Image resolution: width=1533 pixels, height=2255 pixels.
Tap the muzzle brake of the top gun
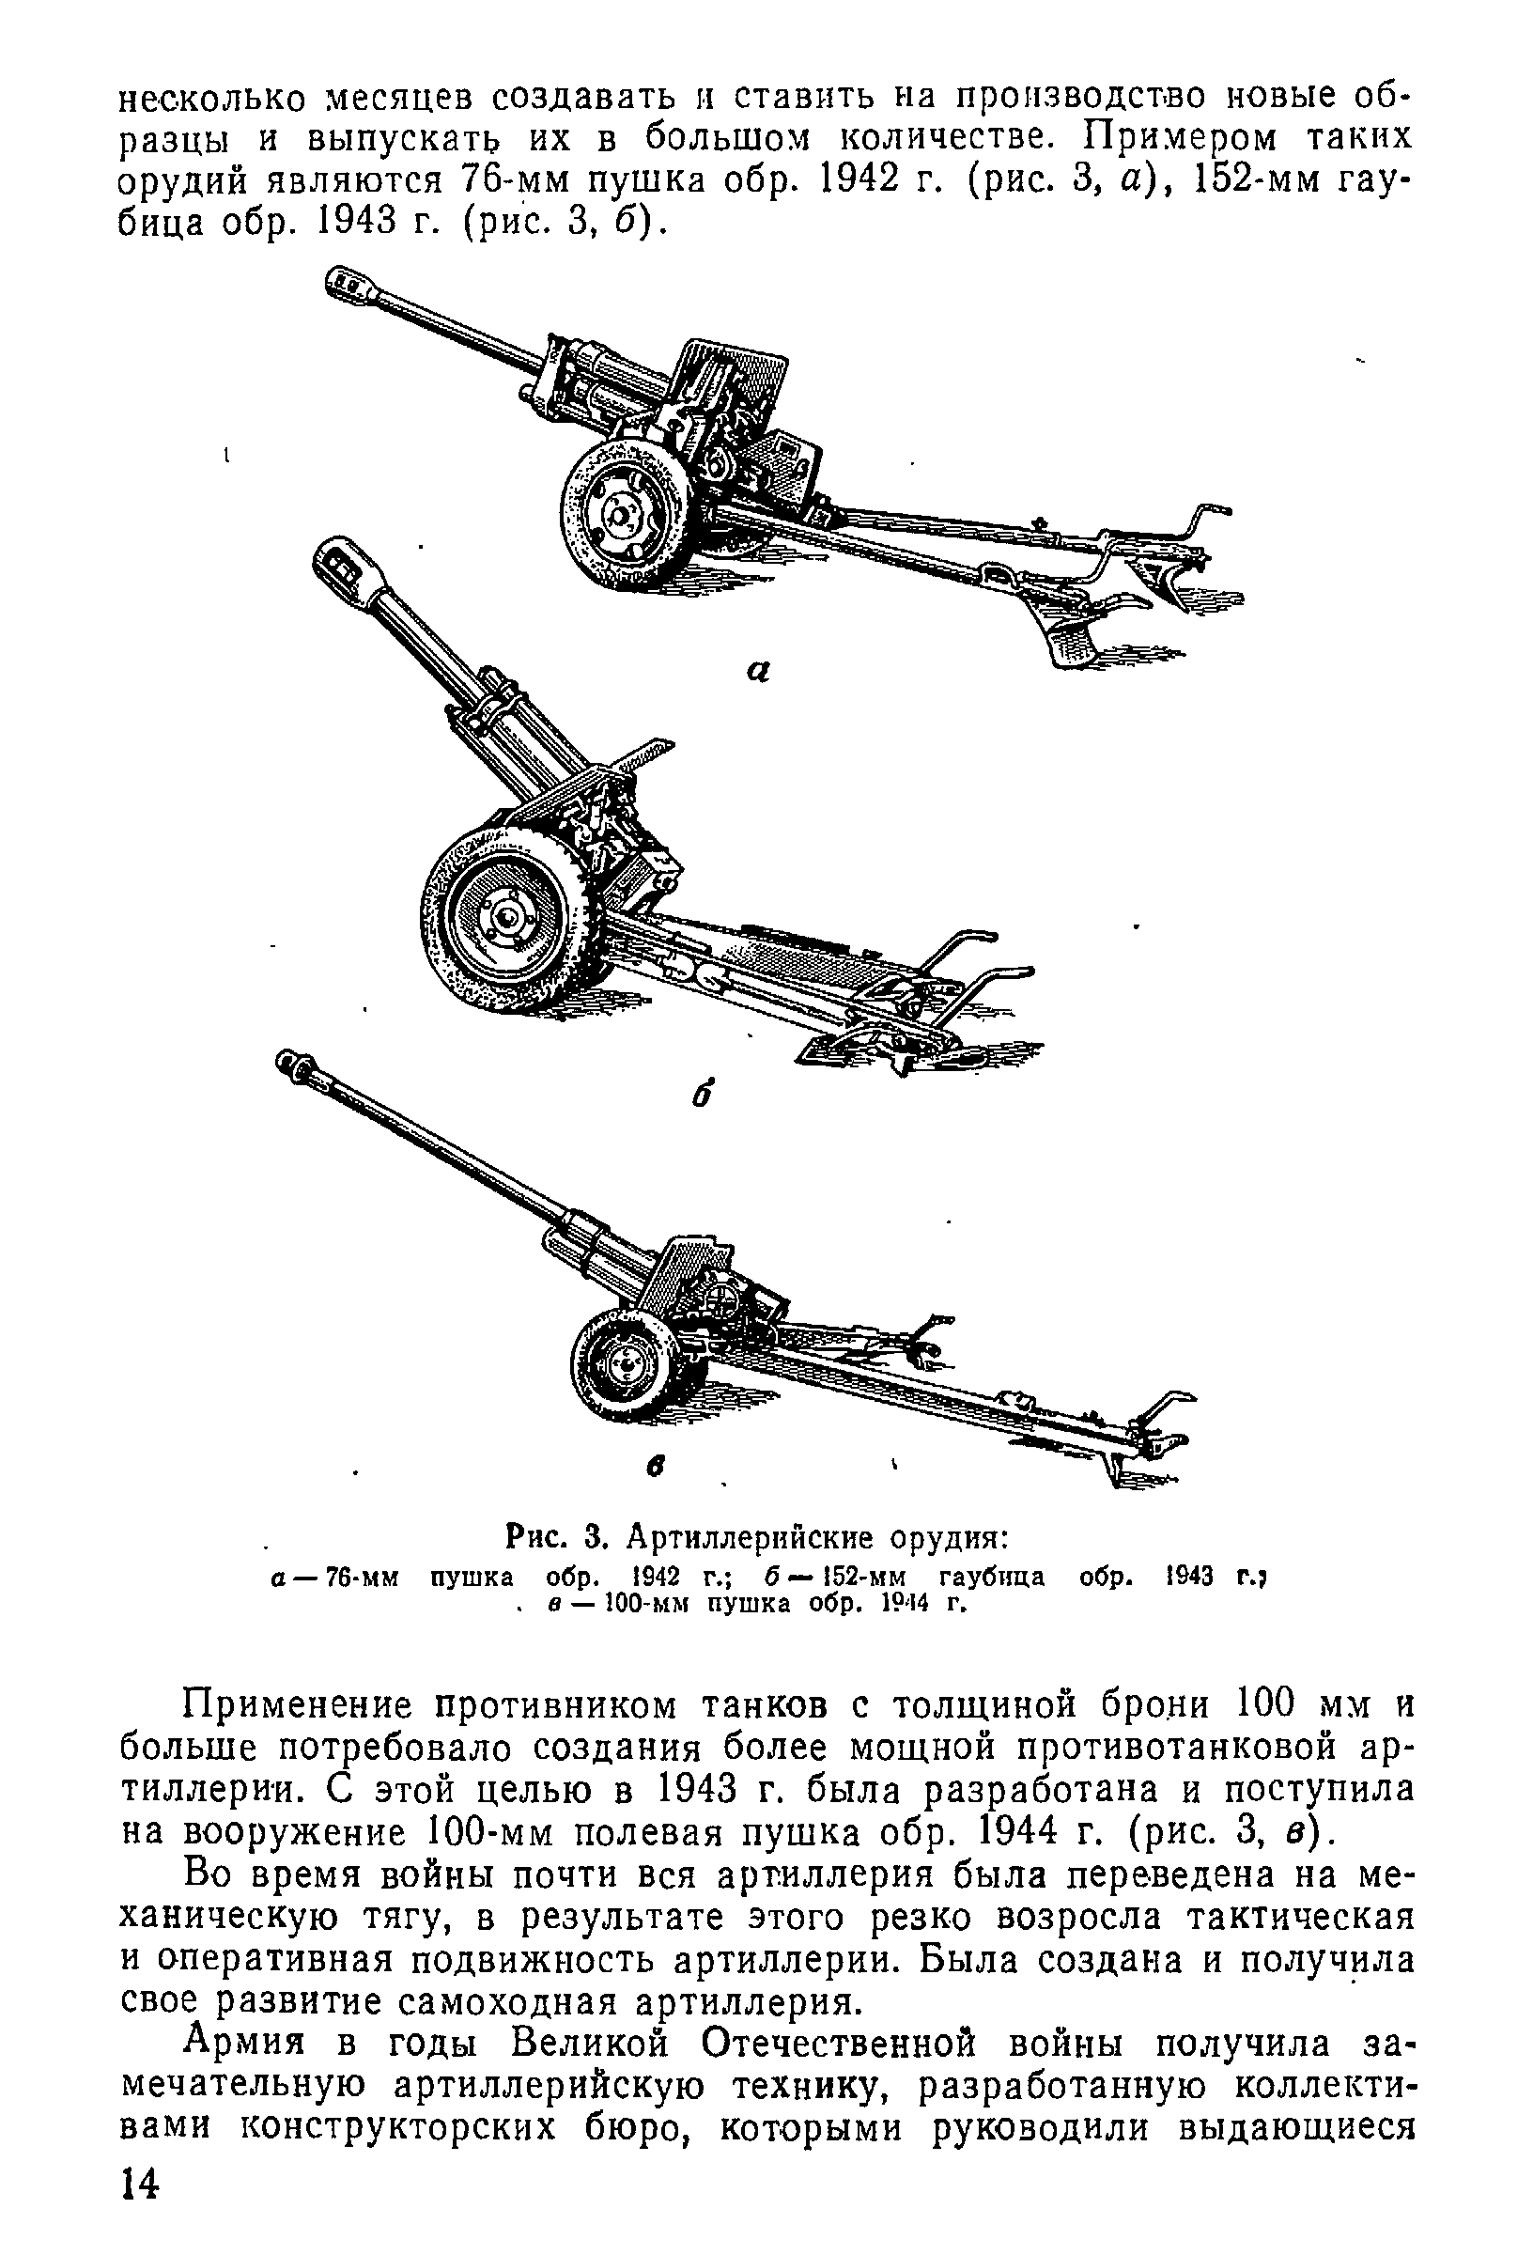click(x=350, y=287)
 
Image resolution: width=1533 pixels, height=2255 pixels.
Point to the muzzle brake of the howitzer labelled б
click(x=340, y=564)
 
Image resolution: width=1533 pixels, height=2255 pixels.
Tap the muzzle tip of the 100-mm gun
click(x=290, y=1062)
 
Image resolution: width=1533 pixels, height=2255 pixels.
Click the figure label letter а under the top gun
click(x=760, y=671)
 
